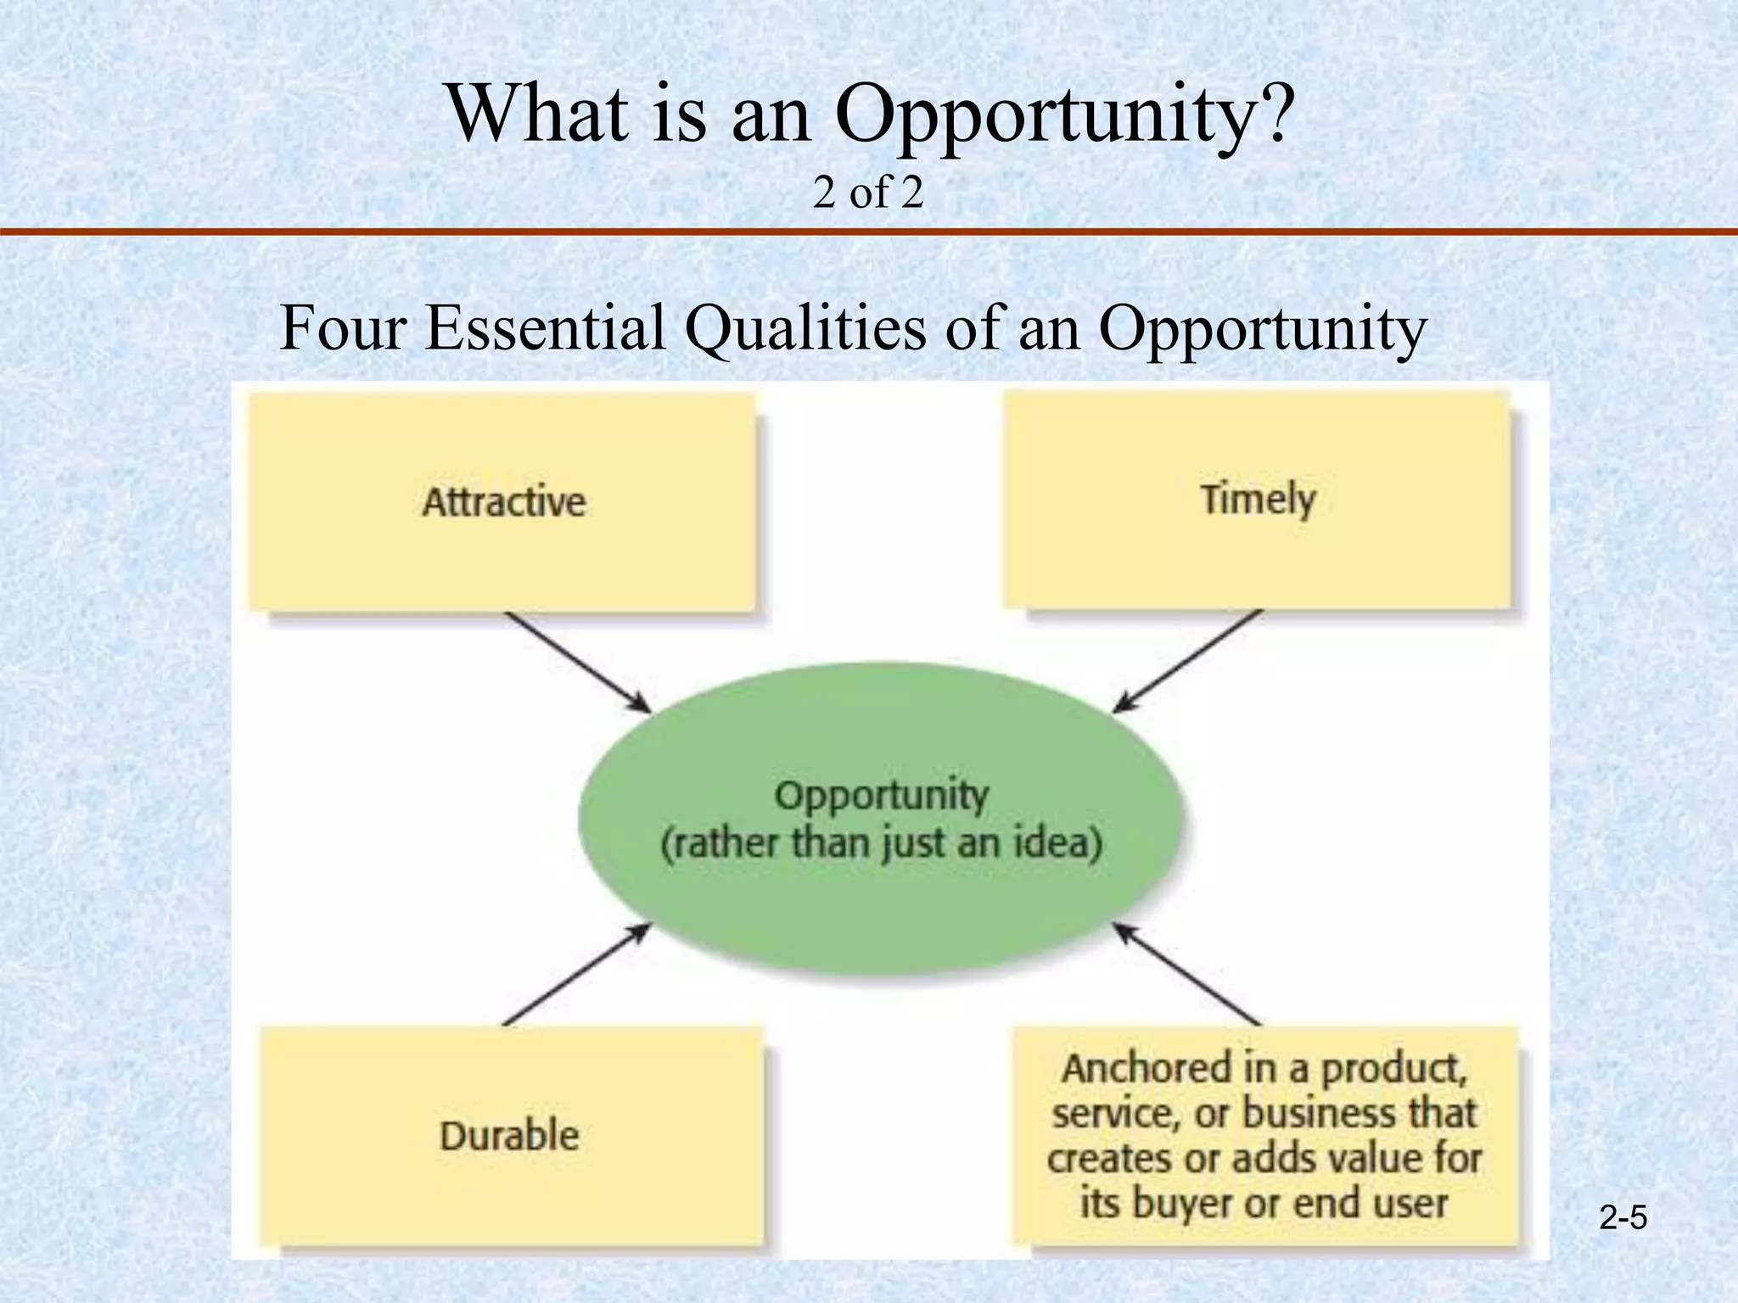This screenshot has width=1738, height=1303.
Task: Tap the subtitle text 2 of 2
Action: coord(867,193)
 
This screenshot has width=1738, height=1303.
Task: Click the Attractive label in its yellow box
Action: coord(503,501)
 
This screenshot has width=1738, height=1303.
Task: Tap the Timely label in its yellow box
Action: coord(1257,499)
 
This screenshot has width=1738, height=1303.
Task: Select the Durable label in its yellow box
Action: coord(509,1135)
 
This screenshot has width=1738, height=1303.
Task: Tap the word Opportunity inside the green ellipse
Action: coord(882,796)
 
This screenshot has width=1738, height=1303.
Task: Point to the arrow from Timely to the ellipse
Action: coord(1188,660)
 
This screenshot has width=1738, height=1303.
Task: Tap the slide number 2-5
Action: coord(1623,1219)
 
